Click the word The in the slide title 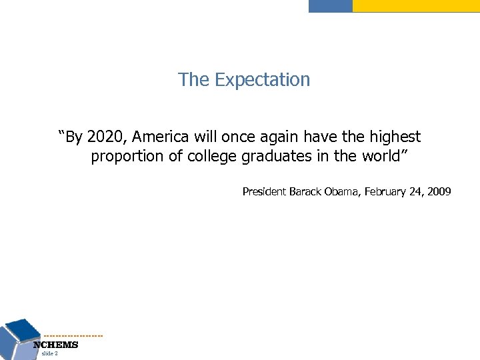click(191, 81)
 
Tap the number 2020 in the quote click(105, 137)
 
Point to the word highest click(397, 137)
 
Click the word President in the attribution click(264, 192)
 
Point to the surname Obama click(345, 192)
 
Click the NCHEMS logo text click(56, 345)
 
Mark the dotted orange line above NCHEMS click(73, 335)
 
